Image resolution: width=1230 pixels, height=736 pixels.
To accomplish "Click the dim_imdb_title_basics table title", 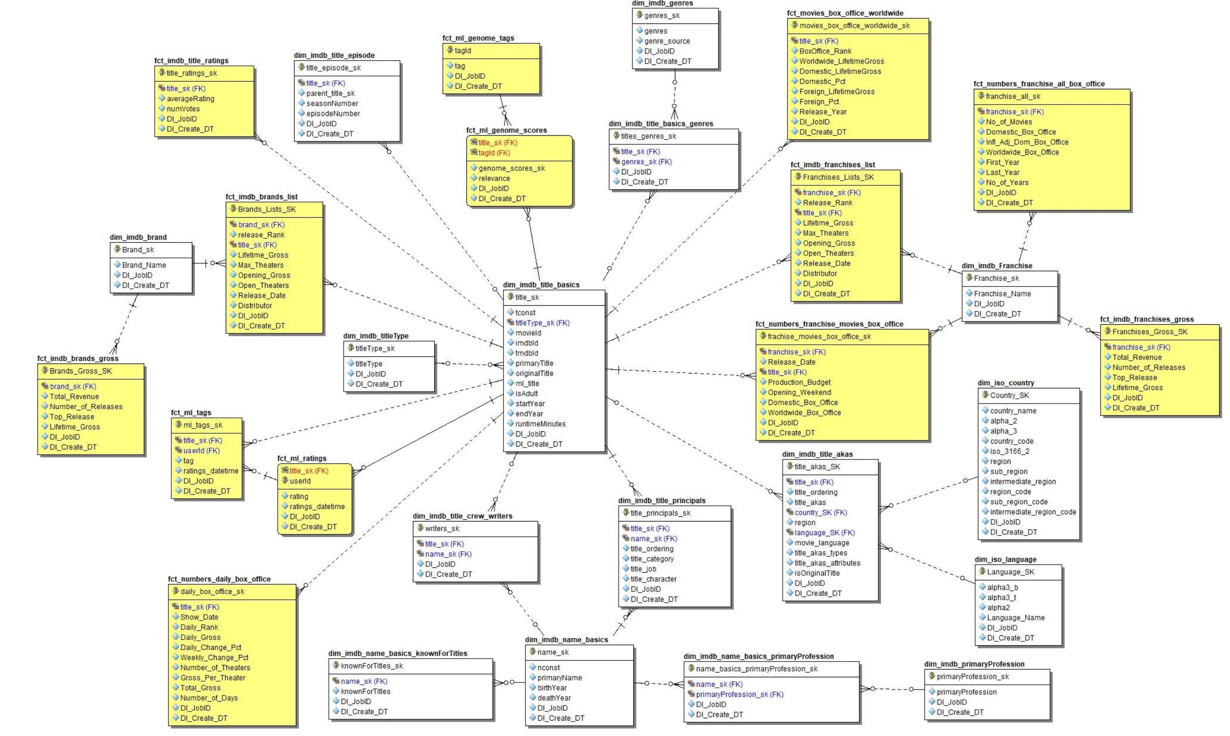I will [541, 285].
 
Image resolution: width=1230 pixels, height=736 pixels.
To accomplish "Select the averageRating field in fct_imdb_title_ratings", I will [190, 99].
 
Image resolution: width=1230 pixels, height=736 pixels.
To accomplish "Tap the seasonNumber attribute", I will [332, 103].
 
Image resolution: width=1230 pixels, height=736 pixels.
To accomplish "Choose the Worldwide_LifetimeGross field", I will [841, 61].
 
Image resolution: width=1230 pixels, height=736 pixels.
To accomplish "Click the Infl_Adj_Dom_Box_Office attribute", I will [1027, 142].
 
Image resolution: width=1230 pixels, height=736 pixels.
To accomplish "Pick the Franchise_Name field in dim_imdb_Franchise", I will [1002, 294].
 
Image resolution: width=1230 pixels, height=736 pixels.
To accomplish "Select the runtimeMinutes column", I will [540, 424].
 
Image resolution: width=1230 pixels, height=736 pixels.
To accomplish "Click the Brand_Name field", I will [144, 265].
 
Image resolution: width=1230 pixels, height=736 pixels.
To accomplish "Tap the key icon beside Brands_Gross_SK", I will [44, 371].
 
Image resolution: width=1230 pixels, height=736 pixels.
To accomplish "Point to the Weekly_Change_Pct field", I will [214, 657].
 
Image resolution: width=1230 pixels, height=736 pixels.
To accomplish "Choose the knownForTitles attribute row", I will [365, 692].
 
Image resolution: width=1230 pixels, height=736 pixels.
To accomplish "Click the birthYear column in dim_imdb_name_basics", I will [552, 687].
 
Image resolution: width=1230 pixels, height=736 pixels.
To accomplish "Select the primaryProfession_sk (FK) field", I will [739, 694].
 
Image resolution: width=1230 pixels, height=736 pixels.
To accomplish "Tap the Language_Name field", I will [1015, 618].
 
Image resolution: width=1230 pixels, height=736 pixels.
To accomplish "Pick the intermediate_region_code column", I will [1033, 512].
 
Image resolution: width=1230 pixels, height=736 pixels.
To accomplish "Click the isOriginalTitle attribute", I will [817, 573].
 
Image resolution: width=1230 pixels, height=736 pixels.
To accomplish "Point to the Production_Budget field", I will [799, 382].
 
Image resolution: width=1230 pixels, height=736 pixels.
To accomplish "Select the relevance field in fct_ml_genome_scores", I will [494, 178].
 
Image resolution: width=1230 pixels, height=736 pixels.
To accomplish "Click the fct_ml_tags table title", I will [191, 412].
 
